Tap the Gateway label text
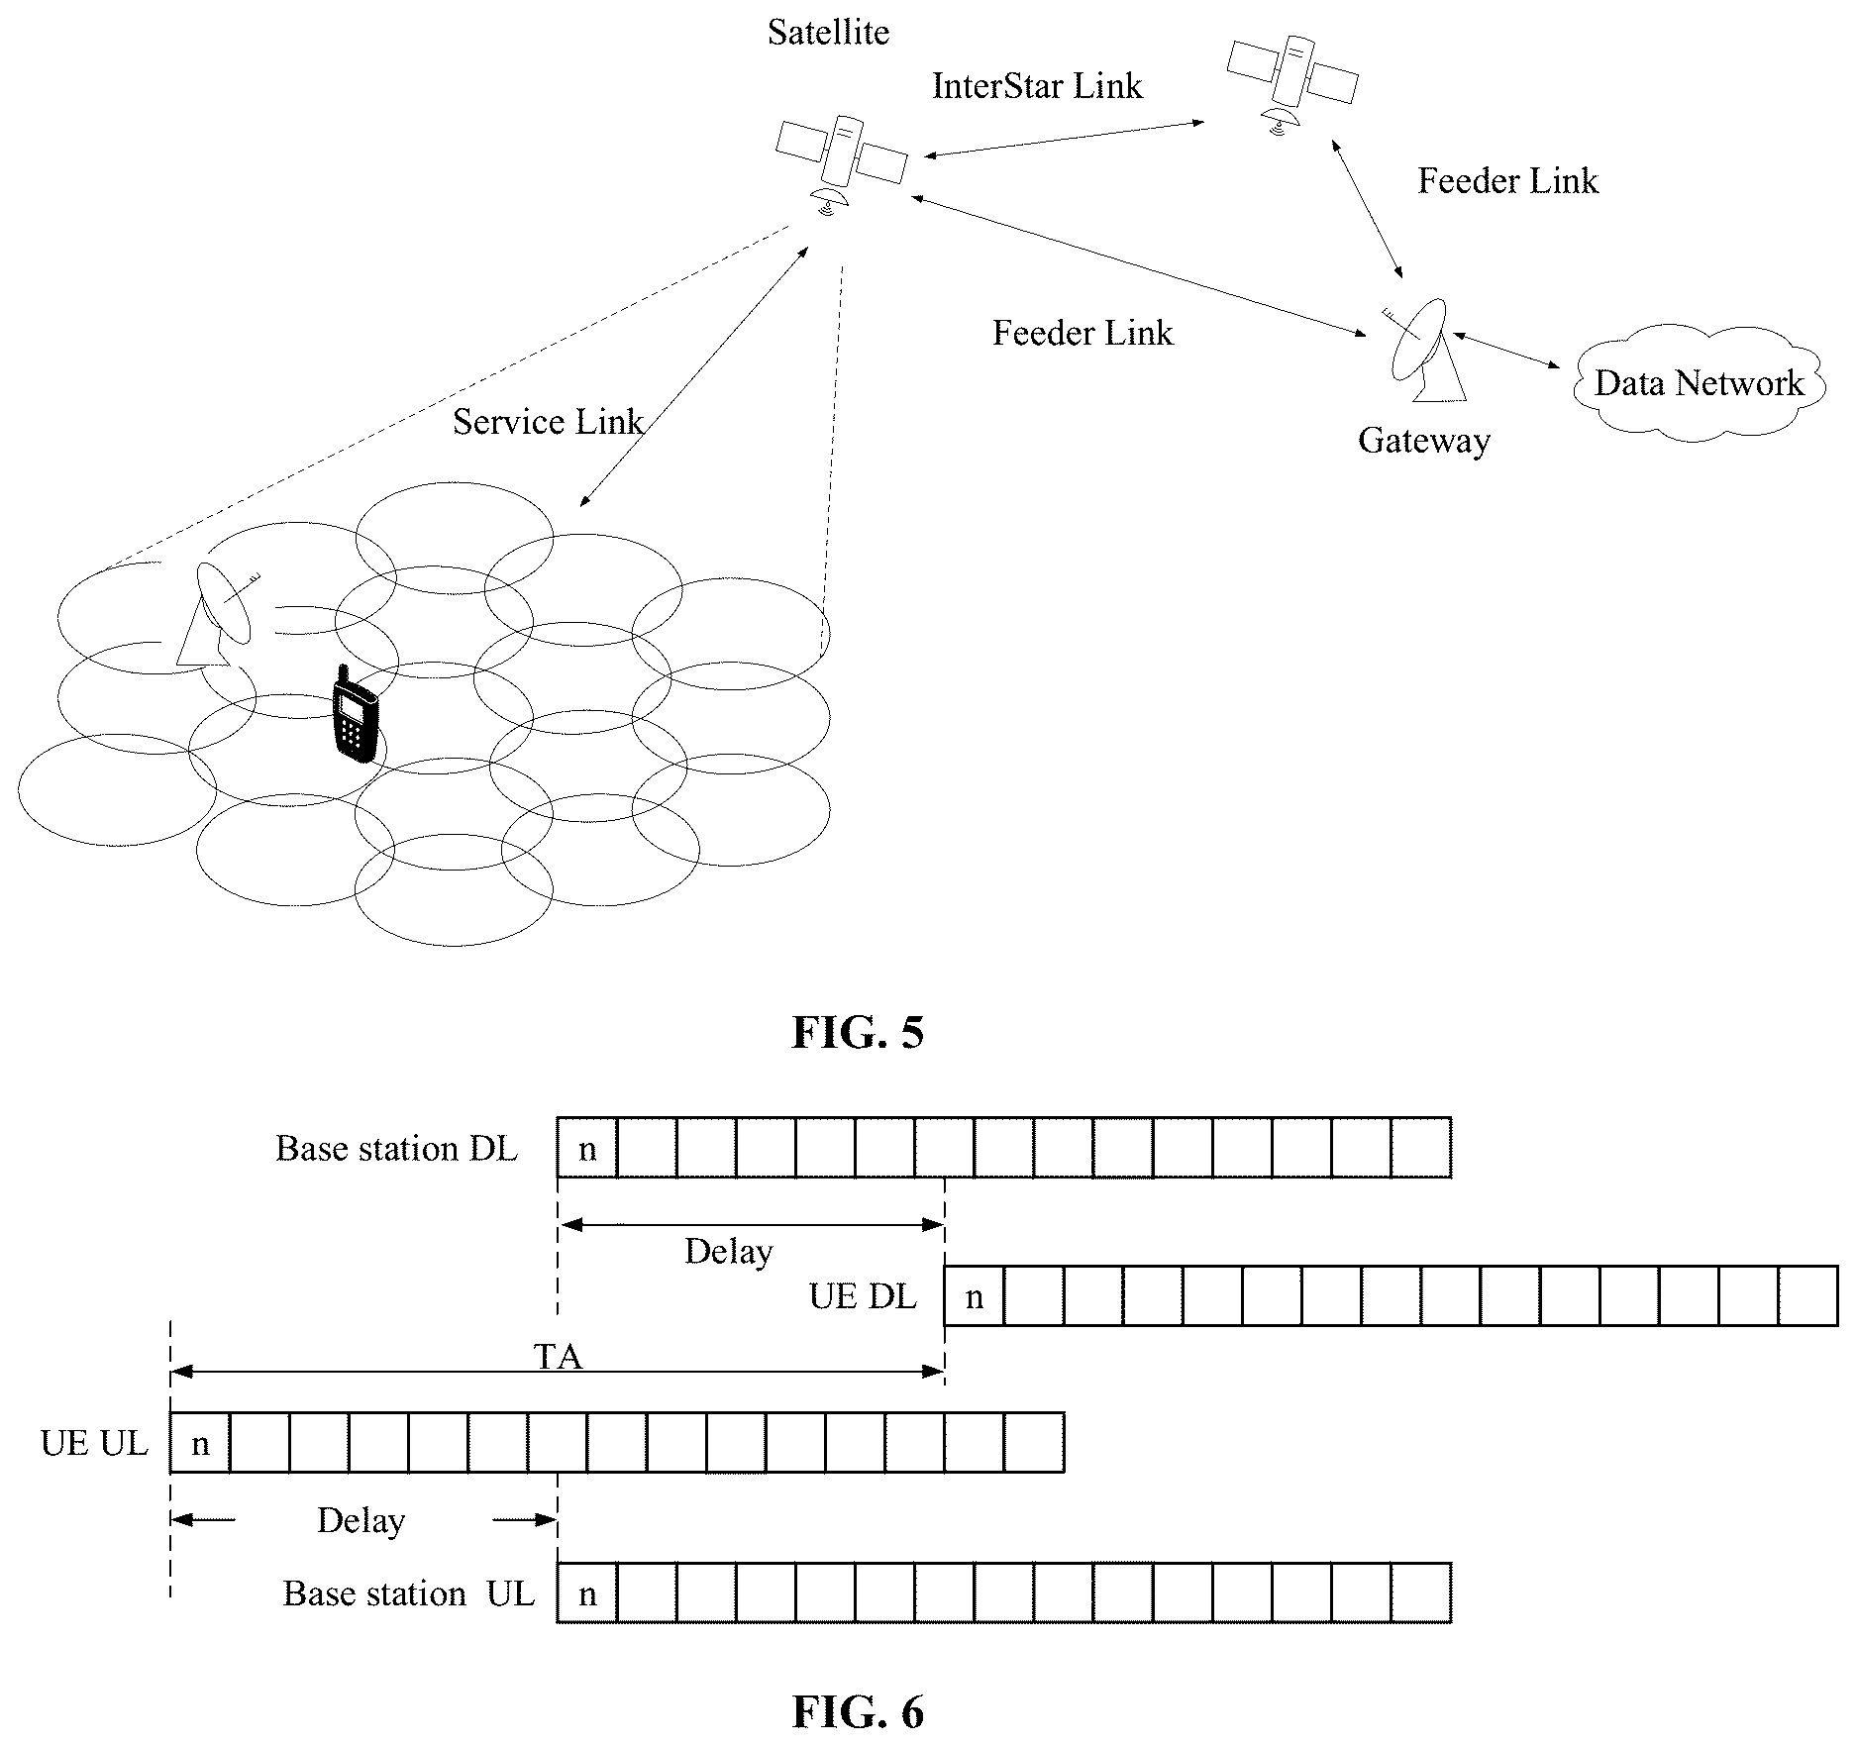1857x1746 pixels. [x=1423, y=440]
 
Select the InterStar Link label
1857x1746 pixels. [x=1037, y=86]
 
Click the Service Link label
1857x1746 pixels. [x=548, y=422]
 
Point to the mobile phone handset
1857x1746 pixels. [x=355, y=713]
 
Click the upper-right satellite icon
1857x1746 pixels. [x=1291, y=79]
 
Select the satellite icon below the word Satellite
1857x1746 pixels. [x=841, y=162]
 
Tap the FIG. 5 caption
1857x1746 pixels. [x=858, y=1032]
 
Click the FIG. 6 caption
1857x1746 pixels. [x=858, y=1711]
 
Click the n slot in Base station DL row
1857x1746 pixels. [x=587, y=1148]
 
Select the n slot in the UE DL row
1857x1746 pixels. [x=975, y=1295]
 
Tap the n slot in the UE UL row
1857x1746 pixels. [x=200, y=1443]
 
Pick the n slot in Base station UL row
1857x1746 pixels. [x=587, y=1592]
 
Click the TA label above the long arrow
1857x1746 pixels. [x=558, y=1356]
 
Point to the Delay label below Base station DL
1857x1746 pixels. [x=728, y=1252]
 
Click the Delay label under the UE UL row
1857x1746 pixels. [x=361, y=1520]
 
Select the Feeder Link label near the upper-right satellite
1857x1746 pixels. [x=1507, y=180]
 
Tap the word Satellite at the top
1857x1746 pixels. [x=828, y=33]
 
